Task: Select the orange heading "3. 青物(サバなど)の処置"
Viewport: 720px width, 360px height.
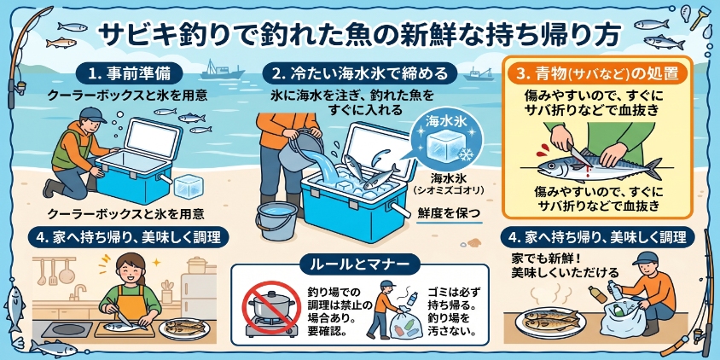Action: coord(597,73)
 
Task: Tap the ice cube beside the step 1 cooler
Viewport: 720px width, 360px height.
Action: coord(189,187)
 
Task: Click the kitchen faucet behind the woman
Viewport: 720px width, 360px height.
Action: coord(78,292)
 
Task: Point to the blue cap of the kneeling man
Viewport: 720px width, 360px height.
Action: coord(91,114)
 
